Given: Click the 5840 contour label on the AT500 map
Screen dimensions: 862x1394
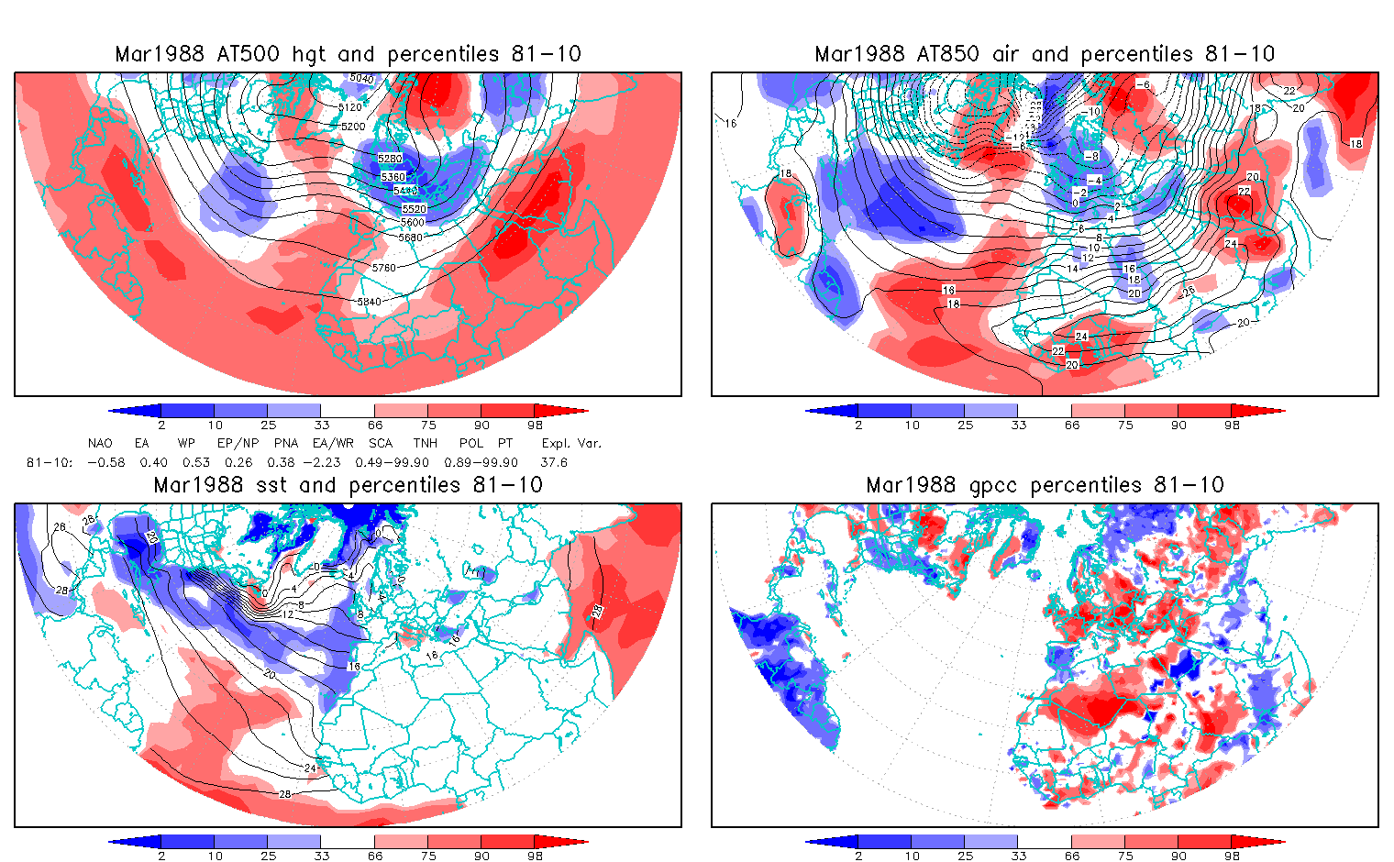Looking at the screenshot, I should [x=369, y=302].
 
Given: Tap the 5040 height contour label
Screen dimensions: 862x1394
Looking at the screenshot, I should [x=362, y=79].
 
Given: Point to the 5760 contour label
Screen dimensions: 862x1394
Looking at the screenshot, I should [x=383, y=268].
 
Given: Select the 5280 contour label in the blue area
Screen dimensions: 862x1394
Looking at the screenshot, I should [x=390, y=159].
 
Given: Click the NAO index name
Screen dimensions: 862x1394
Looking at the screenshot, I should [x=100, y=443].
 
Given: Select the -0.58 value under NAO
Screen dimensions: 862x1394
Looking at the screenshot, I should [x=105, y=462].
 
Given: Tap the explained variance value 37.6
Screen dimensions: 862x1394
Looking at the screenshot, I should [x=554, y=462].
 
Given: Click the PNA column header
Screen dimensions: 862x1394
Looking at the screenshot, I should [x=285, y=443].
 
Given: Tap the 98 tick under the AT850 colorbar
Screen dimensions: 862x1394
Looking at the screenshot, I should [x=1233, y=425].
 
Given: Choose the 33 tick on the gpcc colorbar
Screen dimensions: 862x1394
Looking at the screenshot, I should [x=1019, y=856].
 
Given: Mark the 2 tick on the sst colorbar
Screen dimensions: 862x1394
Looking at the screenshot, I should [x=161, y=856].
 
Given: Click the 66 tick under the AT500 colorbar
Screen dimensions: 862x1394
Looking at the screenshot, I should [x=375, y=425].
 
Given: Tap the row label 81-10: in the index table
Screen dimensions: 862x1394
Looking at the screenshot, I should [x=50, y=462].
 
